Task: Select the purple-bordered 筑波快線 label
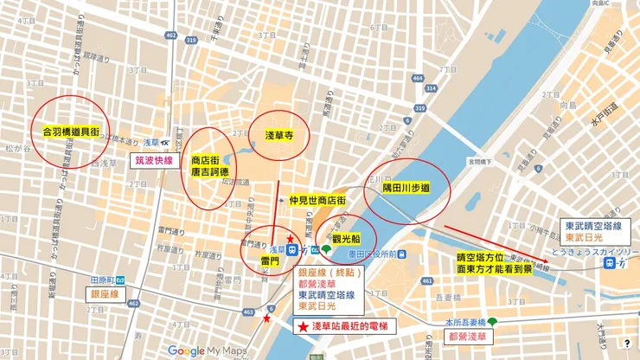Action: coord(155,160)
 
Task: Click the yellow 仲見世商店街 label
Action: coord(317,200)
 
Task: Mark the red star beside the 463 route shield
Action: coord(266,319)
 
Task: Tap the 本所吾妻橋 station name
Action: coord(464,321)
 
